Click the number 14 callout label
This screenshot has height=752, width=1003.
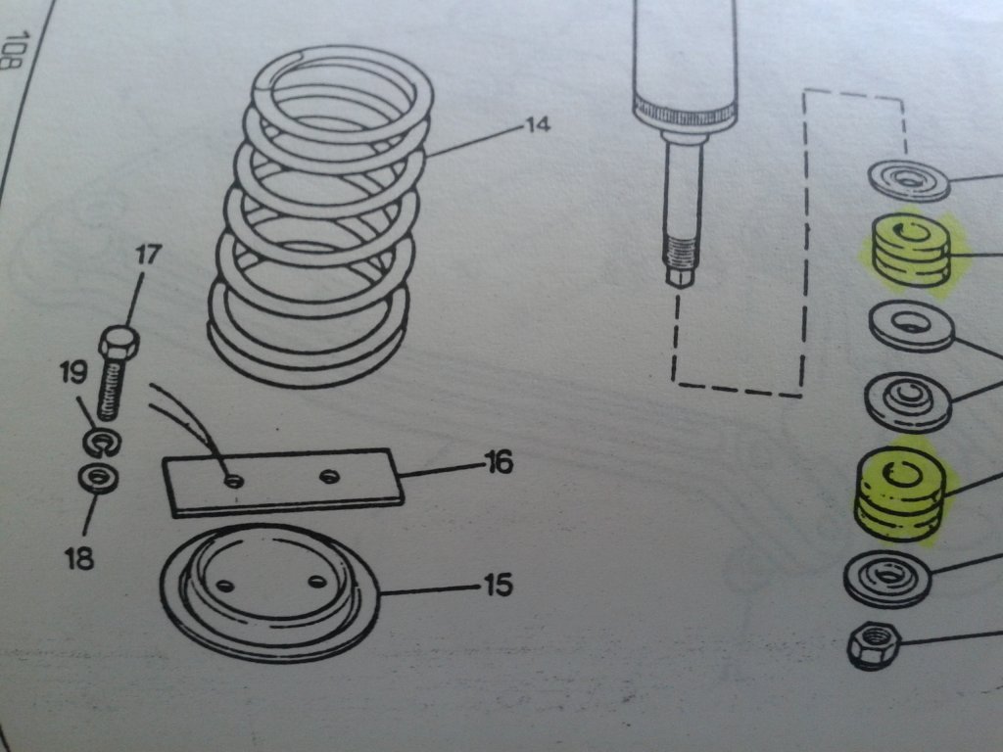(x=538, y=125)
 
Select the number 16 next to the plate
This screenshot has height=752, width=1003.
(x=498, y=461)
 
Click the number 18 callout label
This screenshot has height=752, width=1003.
(x=78, y=559)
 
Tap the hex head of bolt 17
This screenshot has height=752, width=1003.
(x=119, y=345)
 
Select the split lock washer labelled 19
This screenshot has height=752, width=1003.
(x=103, y=443)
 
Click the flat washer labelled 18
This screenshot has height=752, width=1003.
(x=98, y=480)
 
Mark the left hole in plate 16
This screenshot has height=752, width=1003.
(x=234, y=480)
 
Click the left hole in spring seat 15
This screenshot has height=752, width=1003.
(x=225, y=585)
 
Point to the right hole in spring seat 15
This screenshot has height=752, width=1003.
(x=315, y=582)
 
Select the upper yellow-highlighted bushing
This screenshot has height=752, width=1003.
(x=909, y=251)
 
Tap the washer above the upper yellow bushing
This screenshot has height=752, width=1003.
(x=910, y=180)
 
